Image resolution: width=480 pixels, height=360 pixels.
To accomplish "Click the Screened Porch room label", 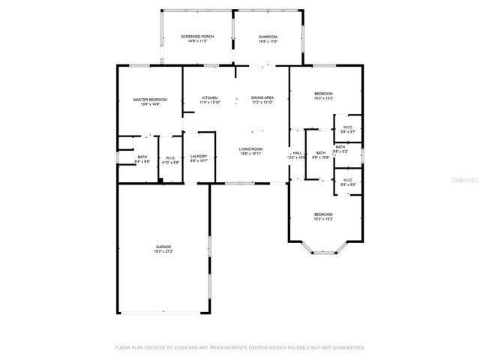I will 193,36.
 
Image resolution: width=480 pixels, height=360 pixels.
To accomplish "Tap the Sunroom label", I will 268,36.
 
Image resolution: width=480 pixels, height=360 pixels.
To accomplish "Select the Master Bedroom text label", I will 150,99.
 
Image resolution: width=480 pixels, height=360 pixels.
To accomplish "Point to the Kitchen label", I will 210,97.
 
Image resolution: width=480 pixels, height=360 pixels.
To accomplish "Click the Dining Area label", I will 262,97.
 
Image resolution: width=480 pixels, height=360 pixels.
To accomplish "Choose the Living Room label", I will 250,149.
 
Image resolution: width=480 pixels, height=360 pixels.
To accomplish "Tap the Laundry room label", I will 199,156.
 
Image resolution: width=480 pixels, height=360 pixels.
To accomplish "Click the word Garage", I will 163,247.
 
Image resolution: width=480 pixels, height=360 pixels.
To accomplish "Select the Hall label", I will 297,153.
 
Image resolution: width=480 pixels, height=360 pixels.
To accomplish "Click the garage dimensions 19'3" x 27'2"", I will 163,251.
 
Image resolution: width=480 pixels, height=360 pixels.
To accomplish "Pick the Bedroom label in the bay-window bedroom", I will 323,214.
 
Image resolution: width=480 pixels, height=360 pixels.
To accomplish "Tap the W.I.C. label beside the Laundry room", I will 171,157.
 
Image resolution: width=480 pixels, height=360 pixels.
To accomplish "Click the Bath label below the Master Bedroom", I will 142,157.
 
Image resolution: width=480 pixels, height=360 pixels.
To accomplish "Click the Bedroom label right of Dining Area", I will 323,94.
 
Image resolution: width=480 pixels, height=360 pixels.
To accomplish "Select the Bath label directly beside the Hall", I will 320,153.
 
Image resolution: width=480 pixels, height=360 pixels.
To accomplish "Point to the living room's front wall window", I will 240,183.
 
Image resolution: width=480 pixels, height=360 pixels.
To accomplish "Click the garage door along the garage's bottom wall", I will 162,313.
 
